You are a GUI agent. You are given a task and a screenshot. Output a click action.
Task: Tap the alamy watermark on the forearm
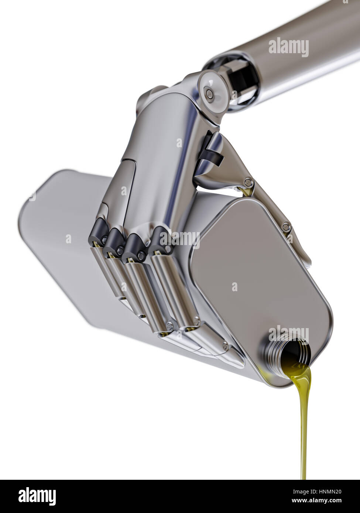288,47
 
